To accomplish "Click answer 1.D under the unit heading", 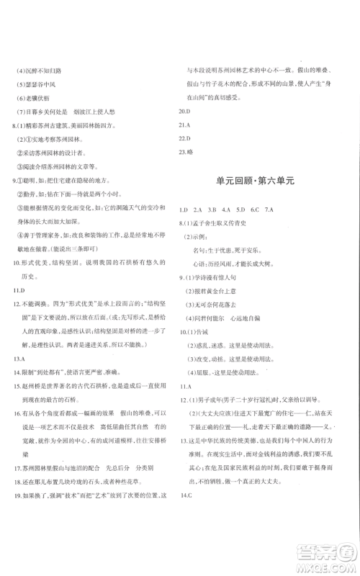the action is click(x=184, y=210).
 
